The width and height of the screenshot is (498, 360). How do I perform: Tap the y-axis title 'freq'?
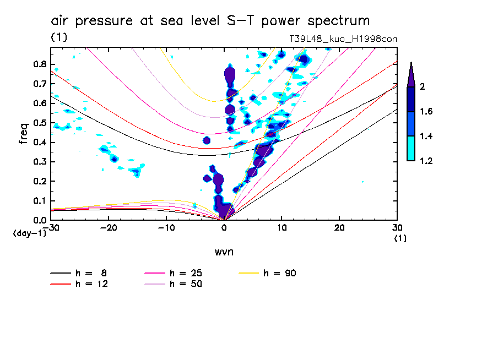(x=23, y=134)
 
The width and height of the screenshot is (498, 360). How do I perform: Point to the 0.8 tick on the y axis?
(x=40, y=64)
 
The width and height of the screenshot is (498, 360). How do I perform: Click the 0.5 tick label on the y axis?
(x=40, y=123)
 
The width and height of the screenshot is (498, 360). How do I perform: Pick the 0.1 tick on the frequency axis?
(x=40, y=201)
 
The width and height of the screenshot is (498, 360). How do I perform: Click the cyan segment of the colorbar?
(x=411, y=149)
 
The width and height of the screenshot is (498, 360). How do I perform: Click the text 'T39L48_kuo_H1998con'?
(x=343, y=39)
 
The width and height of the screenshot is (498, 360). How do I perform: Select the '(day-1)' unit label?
(x=29, y=233)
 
